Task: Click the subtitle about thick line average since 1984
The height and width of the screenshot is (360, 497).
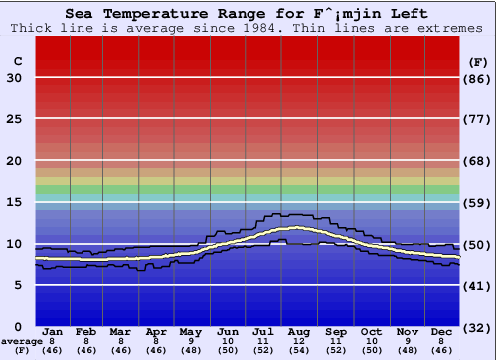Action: point(248,28)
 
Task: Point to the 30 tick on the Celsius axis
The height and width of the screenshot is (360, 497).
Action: point(15,78)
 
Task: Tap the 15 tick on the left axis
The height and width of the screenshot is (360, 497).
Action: point(15,202)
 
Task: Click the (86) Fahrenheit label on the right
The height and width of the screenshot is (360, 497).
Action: point(476,78)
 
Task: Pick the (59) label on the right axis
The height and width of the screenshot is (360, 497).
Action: point(476,202)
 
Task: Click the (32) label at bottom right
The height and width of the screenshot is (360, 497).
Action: point(476,327)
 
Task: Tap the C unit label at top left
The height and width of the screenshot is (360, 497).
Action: point(17,61)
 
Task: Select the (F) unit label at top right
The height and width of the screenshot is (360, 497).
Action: point(476,61)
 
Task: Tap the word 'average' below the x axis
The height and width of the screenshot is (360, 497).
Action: point(21,341)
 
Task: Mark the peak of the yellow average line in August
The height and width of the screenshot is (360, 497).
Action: point(297,228)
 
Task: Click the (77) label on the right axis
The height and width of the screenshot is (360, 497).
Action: point(476,119)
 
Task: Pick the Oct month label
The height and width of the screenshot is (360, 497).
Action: point(372,331)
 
